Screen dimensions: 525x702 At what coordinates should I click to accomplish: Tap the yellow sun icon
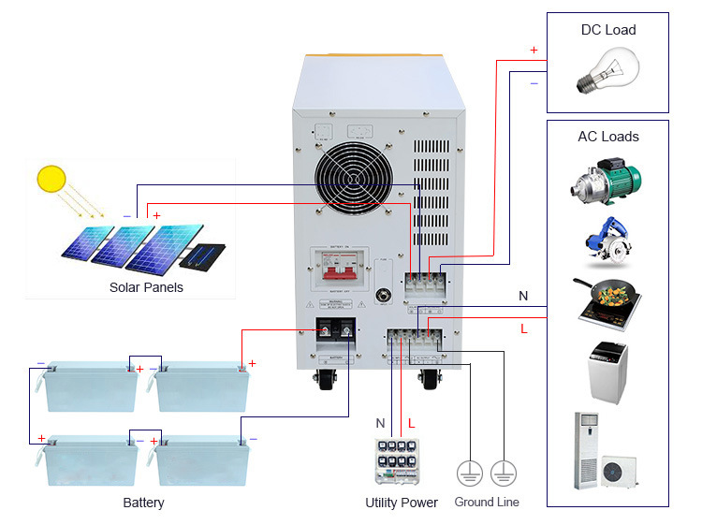51,180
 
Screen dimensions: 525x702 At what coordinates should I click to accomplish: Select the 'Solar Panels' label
146,287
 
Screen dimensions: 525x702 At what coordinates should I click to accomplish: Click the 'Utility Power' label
402,503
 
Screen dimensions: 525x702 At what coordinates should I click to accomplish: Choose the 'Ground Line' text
487,503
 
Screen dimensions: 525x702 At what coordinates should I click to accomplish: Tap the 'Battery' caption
143,503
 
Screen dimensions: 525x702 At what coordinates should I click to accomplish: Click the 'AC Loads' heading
607,137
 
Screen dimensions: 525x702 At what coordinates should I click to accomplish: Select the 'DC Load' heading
607,30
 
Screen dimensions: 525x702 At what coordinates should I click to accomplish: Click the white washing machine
607,372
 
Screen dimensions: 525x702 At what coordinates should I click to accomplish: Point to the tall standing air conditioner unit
586,450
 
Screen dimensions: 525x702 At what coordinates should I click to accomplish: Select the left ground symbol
470,473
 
